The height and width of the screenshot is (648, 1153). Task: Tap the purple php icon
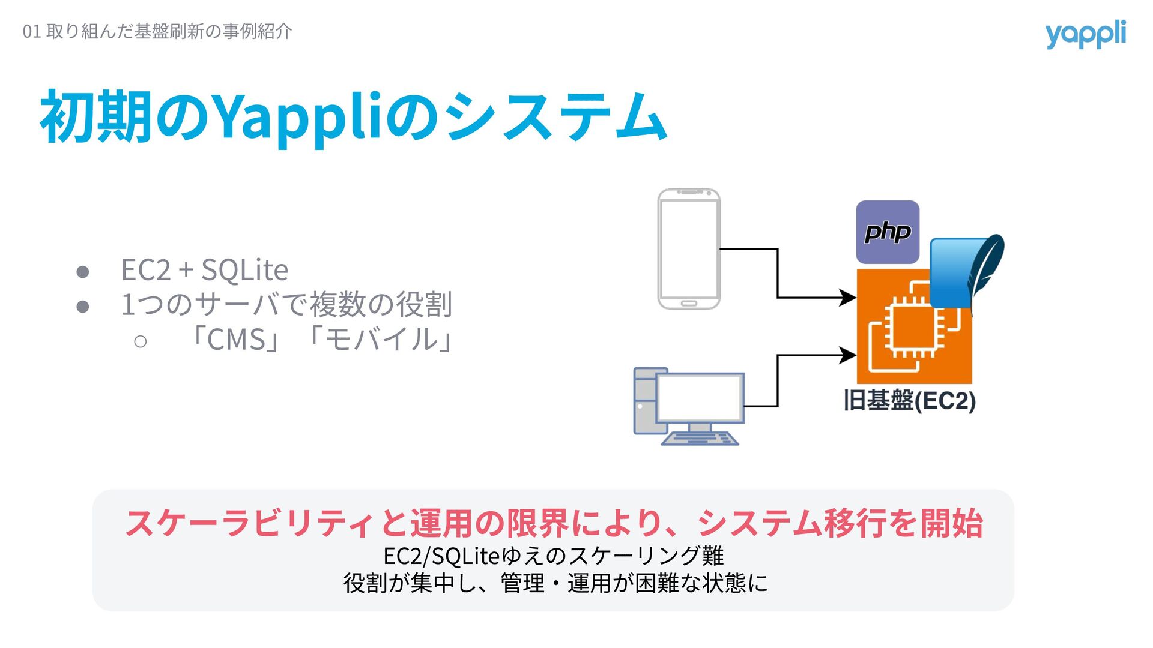coord(887,232)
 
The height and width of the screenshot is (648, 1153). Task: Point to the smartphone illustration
coord(689,249)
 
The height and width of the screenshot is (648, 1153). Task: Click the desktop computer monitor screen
coord(700,397)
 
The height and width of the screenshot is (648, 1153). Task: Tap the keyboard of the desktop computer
coord(700,439)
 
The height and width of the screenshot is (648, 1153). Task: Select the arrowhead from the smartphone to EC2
coord(848,297)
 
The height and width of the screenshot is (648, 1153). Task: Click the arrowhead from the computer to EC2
coord(848,355)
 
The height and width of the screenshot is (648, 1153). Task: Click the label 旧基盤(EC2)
coord(909,401)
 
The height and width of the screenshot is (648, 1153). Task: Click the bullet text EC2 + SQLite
coord(204,270)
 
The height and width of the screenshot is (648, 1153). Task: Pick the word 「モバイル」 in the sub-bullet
coord(381,340)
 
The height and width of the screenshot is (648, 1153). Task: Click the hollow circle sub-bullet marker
coord(141,342)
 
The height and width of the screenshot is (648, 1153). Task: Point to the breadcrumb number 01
coord(31,31)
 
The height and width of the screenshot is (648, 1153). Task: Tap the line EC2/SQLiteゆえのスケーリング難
coord(553,556)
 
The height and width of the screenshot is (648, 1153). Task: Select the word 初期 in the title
coord(95,117)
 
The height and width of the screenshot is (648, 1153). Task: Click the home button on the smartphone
coord(689,304)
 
